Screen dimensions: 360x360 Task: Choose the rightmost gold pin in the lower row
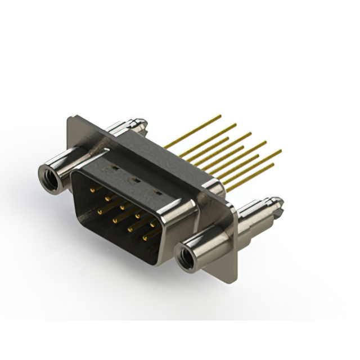(146, 238)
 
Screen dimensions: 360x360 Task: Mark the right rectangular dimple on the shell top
(158, 192)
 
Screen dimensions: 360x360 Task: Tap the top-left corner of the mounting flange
(69, 118)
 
